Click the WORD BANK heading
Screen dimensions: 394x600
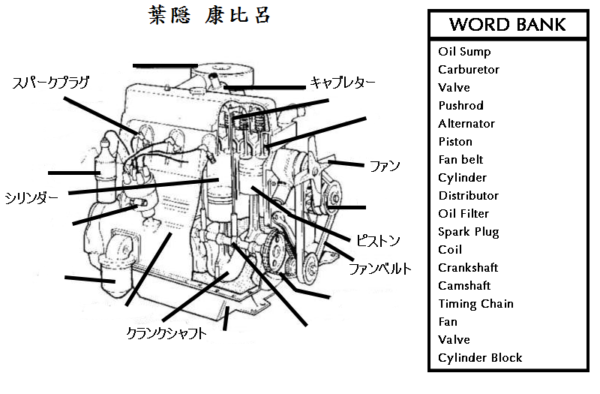[507, 25]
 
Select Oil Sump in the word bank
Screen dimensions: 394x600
[464, 52]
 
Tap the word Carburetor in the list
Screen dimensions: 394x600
[469, 70]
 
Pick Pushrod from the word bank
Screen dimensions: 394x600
[460, 106]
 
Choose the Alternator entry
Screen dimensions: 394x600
[466, 124]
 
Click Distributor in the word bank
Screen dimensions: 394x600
[468, 196]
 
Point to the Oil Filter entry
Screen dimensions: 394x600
[463, 214]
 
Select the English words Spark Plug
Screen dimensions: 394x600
[468, 232]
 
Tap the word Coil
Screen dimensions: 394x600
[450, 250]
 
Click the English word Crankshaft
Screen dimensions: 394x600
[468, 268]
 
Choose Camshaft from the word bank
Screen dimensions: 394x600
[464, 286]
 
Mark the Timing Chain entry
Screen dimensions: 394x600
[475, 304]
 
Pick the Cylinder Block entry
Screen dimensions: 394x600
[480, 358]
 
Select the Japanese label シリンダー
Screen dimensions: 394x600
[31, 198]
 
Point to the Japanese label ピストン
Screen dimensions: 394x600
[378, 241]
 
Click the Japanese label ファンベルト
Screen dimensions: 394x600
[379, 268]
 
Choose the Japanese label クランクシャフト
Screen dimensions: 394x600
[166, 333]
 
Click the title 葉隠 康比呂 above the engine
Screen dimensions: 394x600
[209, 16]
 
